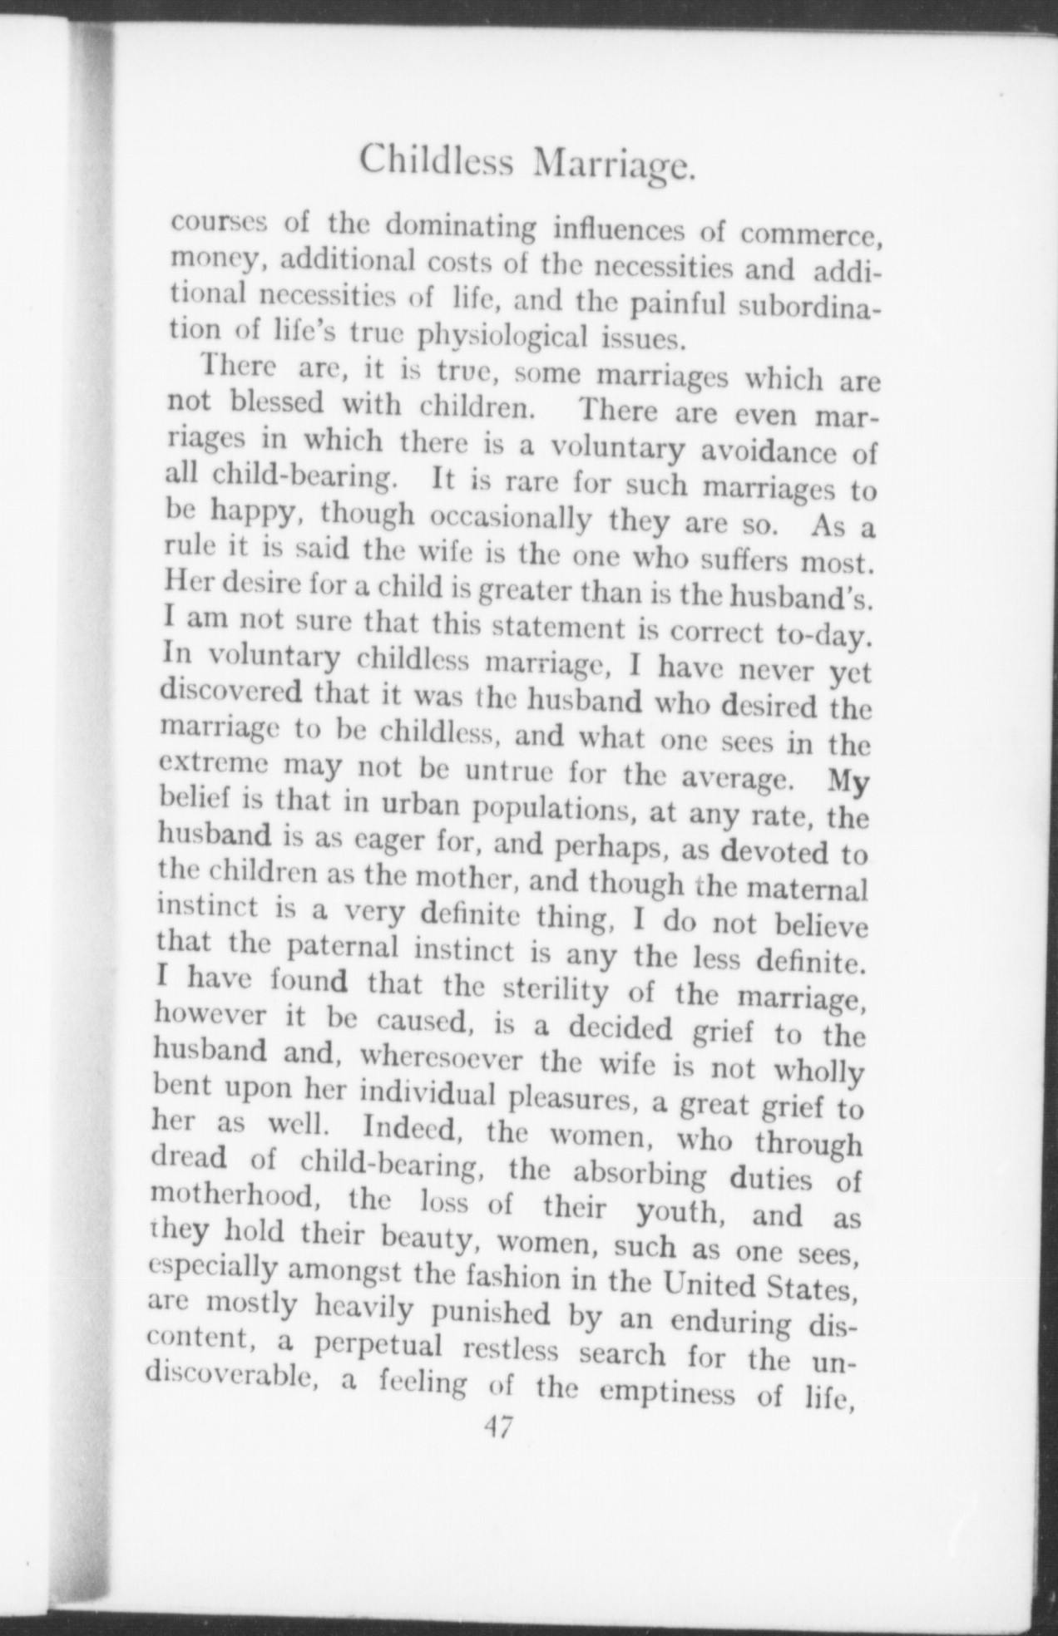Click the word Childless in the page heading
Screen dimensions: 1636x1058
[442, 159]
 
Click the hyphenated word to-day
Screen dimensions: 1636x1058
[823, 636]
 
